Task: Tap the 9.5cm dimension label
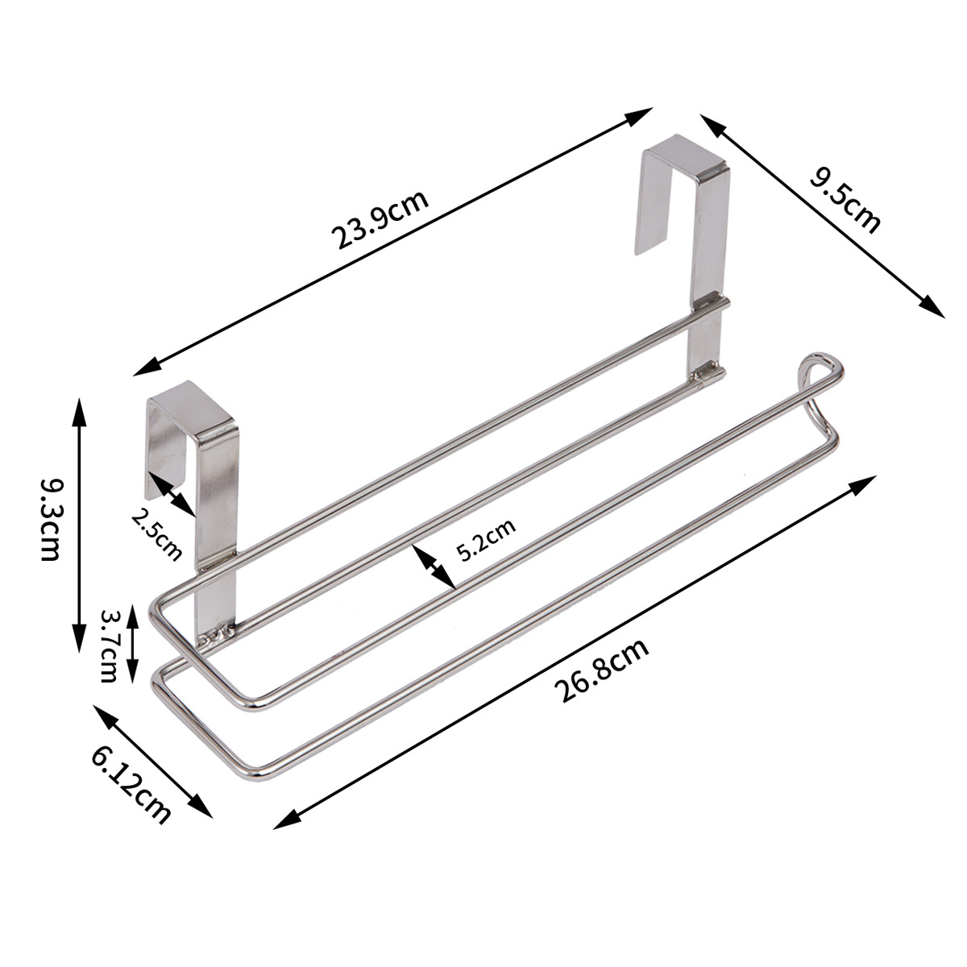point(843,200)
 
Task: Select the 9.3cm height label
point(49,521)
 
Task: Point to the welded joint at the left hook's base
point(216,636)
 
